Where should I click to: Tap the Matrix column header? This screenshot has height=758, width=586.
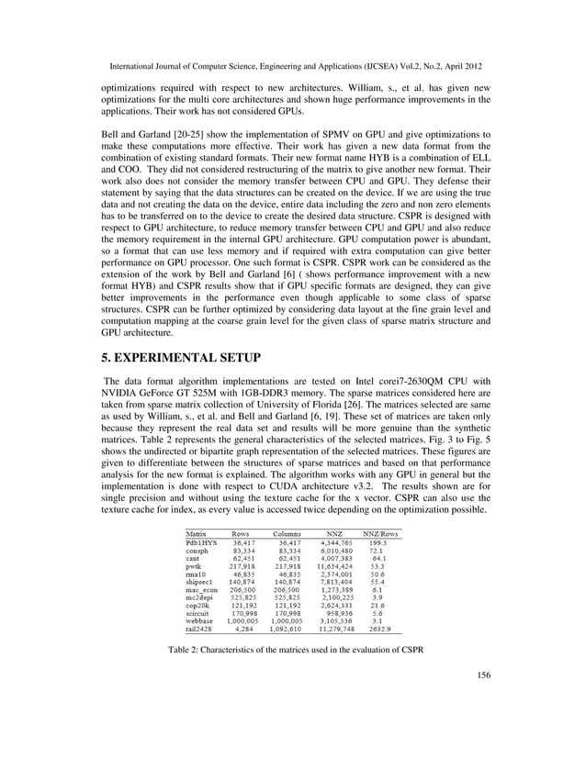196,532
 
